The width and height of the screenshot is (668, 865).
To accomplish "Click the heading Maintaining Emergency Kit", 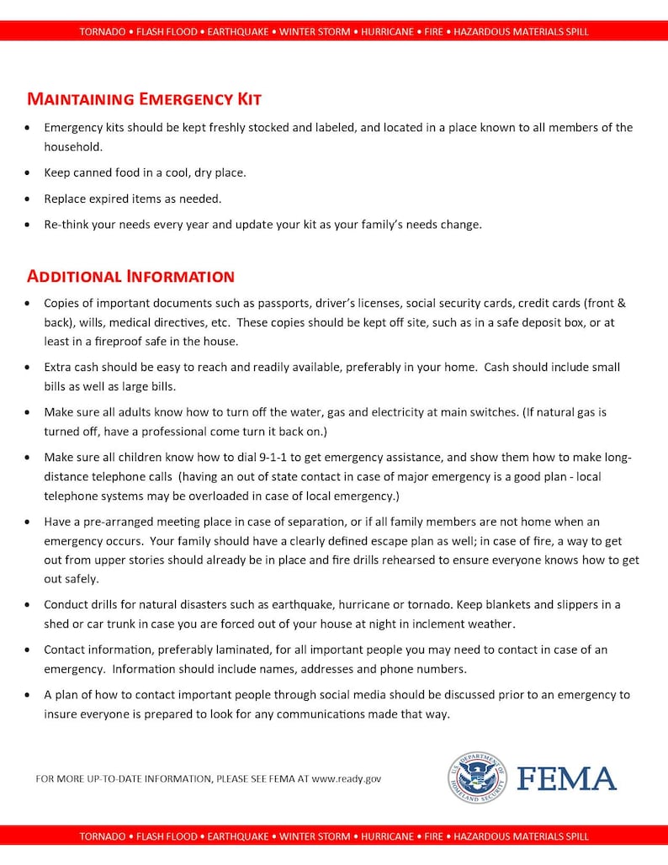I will pos(144,99).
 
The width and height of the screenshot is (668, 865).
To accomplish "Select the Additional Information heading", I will pos(130,276).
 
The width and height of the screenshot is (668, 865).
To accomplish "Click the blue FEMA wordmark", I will pos(566,778).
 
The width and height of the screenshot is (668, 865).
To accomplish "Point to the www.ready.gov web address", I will pos(346,779).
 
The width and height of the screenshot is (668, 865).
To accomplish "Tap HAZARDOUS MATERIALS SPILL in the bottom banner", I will pos(521,836).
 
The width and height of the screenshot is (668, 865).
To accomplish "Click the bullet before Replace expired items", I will pos(29,199).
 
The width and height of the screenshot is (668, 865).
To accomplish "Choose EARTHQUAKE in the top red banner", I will pos(238,32).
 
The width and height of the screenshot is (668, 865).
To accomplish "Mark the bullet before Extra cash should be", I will pos(29,368).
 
